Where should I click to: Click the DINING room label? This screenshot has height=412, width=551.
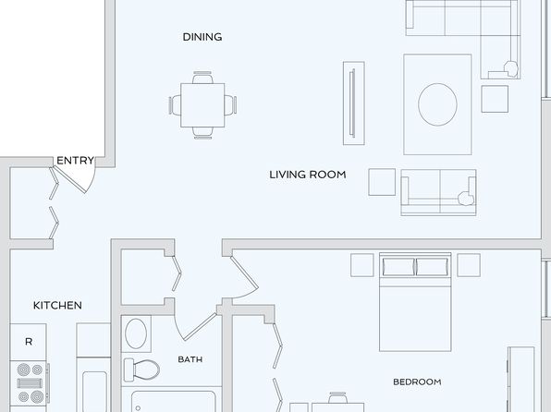pos(202,37)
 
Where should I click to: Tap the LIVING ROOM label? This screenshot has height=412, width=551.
pos(308,175)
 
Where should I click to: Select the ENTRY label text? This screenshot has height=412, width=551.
pos(75,161)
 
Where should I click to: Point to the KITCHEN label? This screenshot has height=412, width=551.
pos(57,305)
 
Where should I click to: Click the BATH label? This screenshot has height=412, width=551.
pos(190,359)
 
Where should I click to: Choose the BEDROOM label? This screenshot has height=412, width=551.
pos(417,382)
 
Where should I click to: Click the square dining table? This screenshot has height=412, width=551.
pos(202,105)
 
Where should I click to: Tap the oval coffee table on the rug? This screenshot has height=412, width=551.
pos(437,104)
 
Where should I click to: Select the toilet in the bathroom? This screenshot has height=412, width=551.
pos(141,370)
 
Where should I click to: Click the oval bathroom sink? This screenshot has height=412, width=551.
pos(136,333)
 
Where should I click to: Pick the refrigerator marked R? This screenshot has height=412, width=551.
pos(28,342)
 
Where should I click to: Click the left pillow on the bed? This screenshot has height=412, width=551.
pos(398,267)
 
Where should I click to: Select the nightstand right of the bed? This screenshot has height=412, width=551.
pos(469,265)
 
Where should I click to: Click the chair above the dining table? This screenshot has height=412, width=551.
pos(202,78)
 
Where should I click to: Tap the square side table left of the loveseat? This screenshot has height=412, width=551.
pos(382,182)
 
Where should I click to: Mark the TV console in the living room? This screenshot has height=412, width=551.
pos(354,103)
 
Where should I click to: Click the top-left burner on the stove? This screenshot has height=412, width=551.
pos(24,370)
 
